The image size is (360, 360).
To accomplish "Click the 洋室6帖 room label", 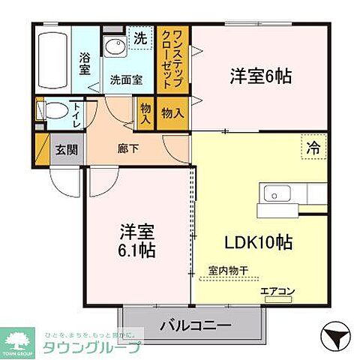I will point(260,76).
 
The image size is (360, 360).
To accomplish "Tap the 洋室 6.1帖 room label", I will point(136,241).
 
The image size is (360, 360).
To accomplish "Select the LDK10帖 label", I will point(259,243).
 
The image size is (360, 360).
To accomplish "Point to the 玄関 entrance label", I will point(61,148).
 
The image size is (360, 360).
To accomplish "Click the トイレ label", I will point(77,115).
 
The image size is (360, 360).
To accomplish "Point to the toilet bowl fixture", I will point(52,111).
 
